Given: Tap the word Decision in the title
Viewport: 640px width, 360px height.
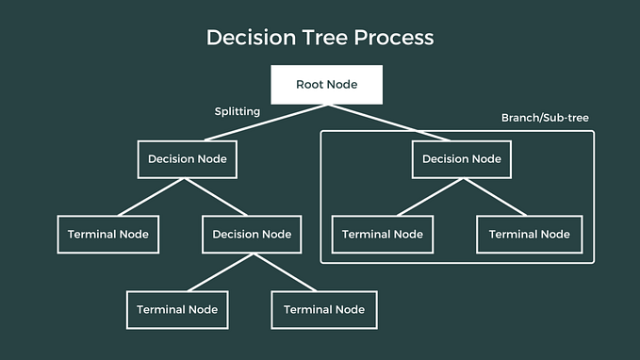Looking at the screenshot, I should (x=248, y=38).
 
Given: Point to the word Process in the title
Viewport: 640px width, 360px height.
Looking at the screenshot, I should (x=397, y=38).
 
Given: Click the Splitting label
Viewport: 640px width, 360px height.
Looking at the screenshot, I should (x=238, y=111).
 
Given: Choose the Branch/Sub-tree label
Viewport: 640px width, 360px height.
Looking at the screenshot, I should (x=546, y=118).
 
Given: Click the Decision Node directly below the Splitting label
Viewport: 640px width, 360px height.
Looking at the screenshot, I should (x=186, y=159).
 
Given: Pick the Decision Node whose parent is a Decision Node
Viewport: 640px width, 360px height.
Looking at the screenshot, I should (x=252, y=234).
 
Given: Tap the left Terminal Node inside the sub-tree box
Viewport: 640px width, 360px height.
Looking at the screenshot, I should (x=382, y=234).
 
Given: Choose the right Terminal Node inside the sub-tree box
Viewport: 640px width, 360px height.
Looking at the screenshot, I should (x=529, y=234).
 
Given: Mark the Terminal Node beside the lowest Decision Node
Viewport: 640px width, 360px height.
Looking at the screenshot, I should (x=107, y=234).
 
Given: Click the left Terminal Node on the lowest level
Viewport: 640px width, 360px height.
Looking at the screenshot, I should (x=177, y=309).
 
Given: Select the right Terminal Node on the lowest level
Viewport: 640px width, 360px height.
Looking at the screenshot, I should (x=323, y=309).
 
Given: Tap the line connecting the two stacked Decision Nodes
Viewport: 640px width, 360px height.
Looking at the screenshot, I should (x=219, y=197).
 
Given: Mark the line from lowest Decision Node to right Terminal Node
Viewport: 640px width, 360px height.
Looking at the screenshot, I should (x=287, y=271).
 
